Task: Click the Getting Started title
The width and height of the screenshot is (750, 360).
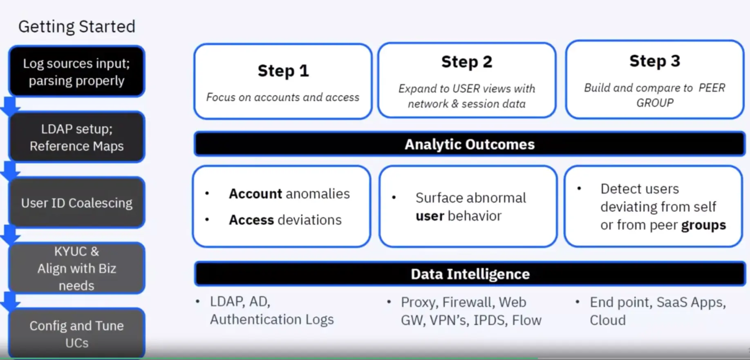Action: [76, 27]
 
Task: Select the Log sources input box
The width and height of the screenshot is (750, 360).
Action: [76, 72]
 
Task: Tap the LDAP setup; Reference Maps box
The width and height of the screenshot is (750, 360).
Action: [76, 137]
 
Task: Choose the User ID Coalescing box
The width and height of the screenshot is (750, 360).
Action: [76, 203]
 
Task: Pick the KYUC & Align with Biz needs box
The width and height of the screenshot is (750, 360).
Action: [76, 268]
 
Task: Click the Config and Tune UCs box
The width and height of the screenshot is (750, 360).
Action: [76, 334]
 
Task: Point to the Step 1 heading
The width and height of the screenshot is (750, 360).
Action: [283, 71]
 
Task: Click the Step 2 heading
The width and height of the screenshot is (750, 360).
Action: [466, 62]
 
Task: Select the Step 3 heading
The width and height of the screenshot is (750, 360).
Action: [654, 61]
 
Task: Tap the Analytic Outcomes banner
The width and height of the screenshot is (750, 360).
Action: [469, 144]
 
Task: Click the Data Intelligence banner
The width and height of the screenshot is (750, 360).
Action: [470, 274]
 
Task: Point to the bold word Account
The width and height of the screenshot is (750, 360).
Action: [255, 194]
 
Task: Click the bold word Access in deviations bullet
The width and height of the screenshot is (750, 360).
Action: [251, 220]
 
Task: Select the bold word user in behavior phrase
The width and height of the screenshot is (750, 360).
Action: [430, 216]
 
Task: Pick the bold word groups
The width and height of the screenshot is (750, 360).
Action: [703, 225]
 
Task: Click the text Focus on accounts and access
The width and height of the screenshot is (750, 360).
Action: [282, 97]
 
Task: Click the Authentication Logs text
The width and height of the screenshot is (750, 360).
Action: [272, 320]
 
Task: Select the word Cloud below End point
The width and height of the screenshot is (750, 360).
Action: [607, 320]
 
